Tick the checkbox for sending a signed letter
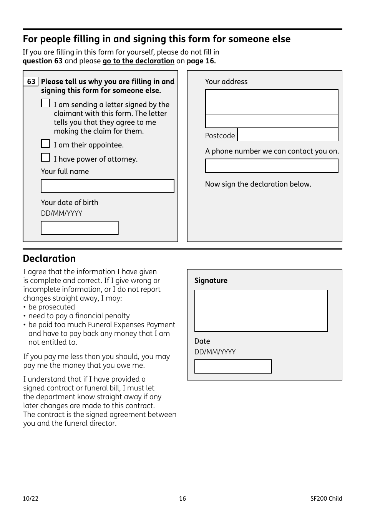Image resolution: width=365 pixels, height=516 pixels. click(45, 103)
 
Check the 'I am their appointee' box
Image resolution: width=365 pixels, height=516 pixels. click(45, 144)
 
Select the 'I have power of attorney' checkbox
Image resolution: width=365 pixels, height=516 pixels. click(45, 158)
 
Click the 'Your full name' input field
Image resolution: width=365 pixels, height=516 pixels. click(108, 186)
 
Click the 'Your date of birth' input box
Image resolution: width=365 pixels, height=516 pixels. click(80, 228)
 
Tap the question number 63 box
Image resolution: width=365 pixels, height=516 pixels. click(31, 82)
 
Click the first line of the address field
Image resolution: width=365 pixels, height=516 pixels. click(272, 96)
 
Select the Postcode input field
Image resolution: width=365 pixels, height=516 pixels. click(287, 135)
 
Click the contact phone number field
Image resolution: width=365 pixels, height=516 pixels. click(272, 166)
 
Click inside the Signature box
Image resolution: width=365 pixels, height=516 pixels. click(261, 311)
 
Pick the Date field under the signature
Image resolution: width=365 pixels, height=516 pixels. click(233, 367)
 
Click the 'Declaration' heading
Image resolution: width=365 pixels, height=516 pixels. click(49, 258)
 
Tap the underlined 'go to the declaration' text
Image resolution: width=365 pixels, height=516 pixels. click(138, 61)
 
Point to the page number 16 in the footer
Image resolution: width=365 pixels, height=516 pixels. click(182, 498)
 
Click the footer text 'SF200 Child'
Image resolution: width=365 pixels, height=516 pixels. click(326, 498)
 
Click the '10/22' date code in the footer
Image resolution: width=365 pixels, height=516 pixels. click(31, 498)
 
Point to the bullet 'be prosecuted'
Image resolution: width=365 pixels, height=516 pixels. click(51, 307)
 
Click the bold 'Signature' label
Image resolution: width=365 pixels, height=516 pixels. click(211, 281)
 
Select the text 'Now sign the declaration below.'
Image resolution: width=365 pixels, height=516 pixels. click(258, 184)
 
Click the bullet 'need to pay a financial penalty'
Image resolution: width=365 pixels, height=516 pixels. click(79, 316)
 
